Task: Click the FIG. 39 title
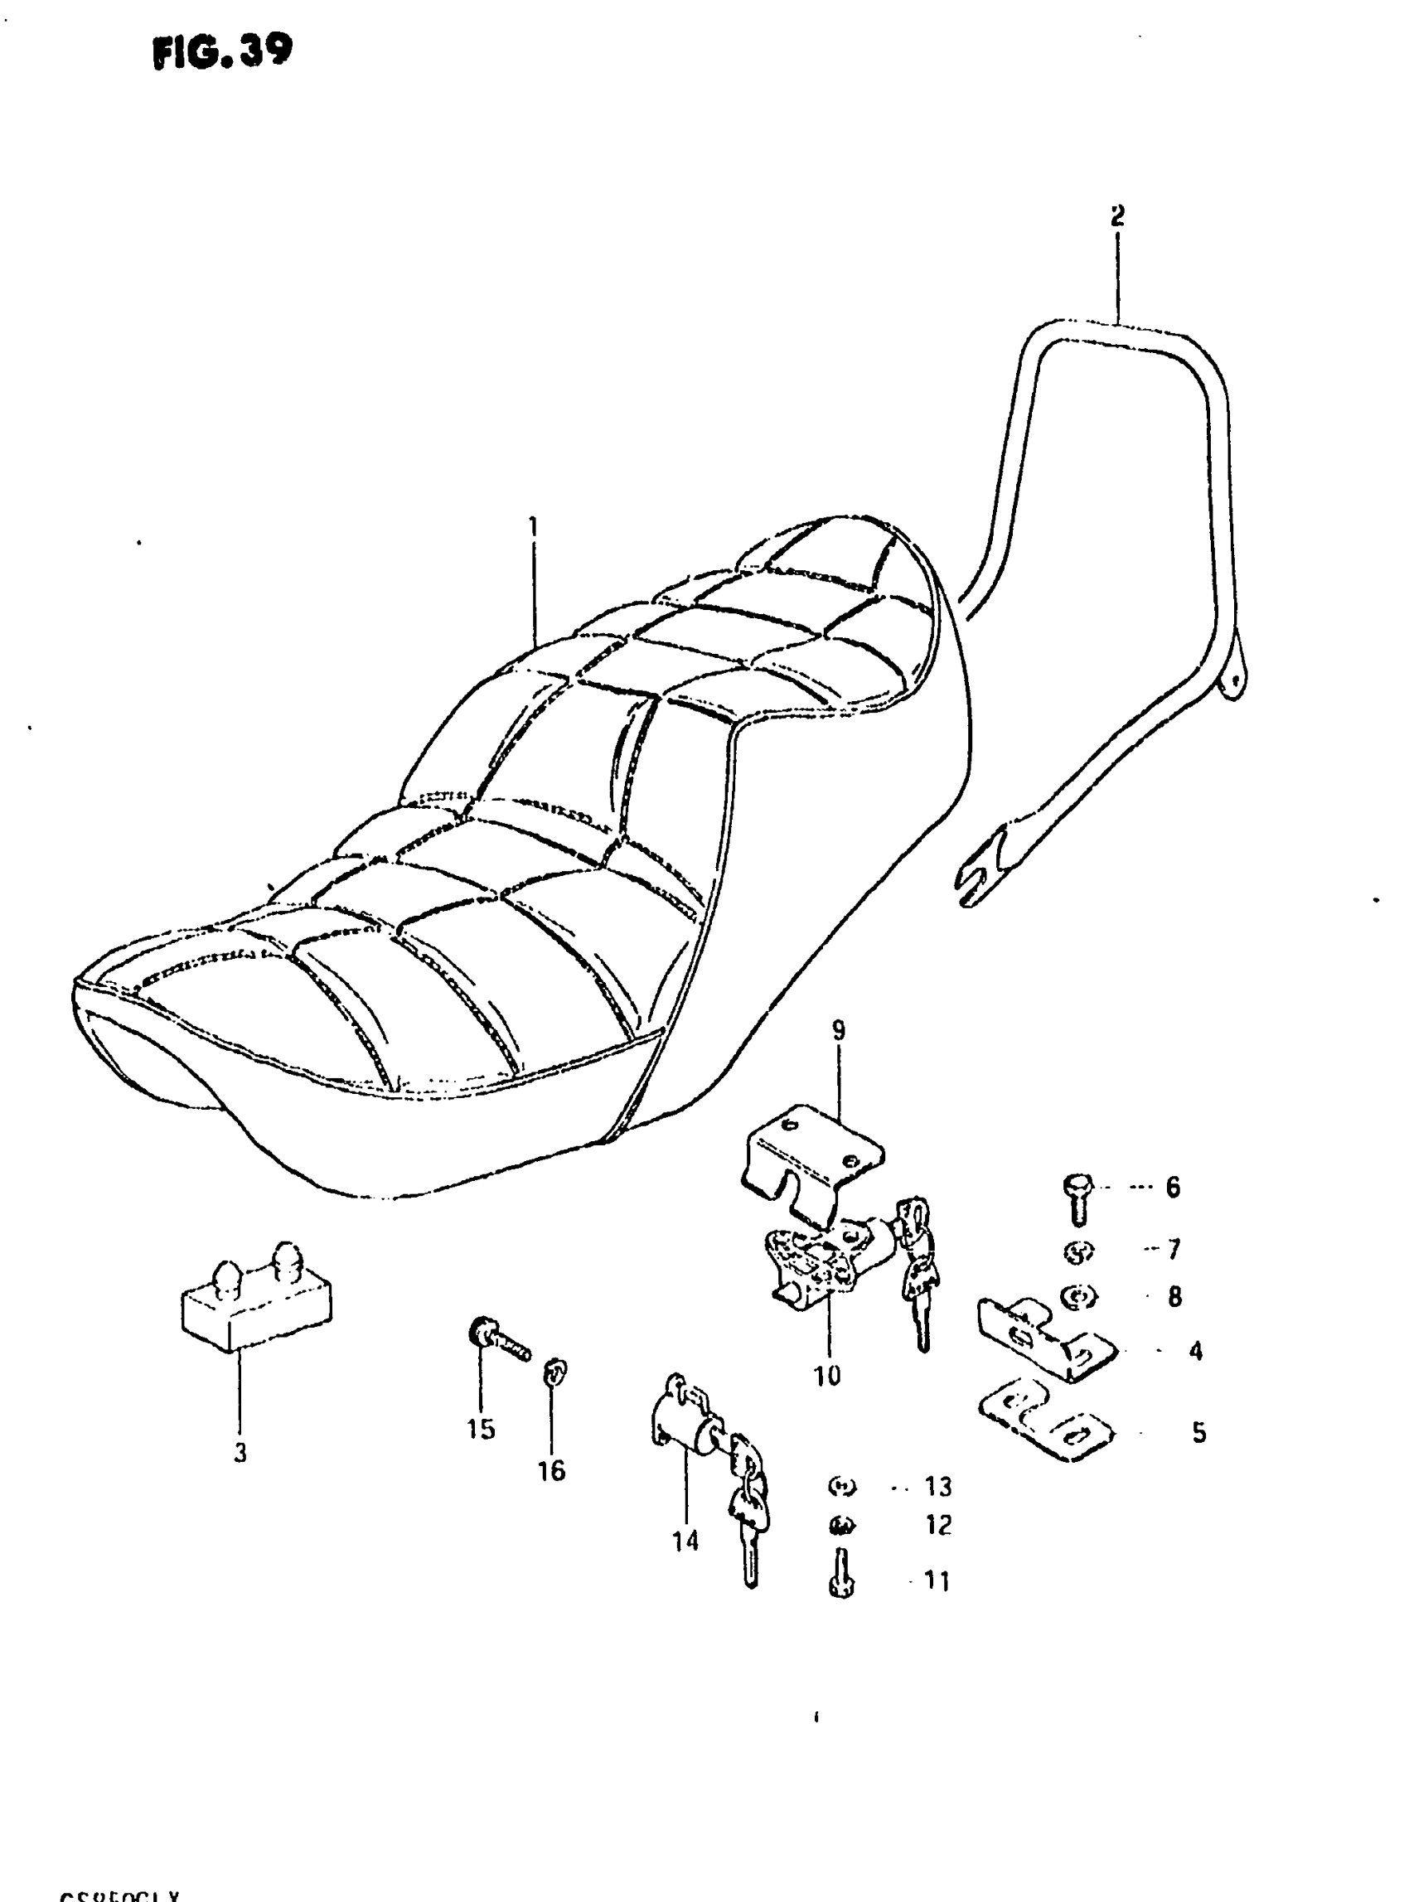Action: click(223, 53)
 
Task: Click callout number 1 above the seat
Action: click(533, 527)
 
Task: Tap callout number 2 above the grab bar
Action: click(1117, 215)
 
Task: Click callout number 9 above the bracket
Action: click(839, 1030)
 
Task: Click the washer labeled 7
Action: click(1079, 1251)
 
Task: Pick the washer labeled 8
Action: click(1080, 1297)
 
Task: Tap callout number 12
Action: click(938, 1524)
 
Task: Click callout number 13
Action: click(938, 1487)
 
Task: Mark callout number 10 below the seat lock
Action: click(826, 1376)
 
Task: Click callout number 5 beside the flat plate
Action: click(1198, 1433)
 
